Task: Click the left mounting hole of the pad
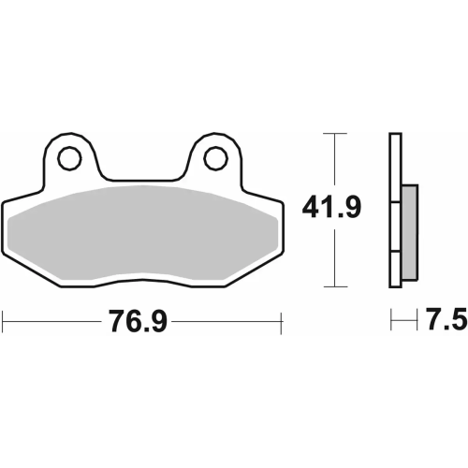pos(68,159)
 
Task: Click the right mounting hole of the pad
pos(215,157)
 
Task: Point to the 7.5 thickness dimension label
pos(446,322)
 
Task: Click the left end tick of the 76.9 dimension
pos(3,323)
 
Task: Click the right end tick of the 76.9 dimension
pos(281,323)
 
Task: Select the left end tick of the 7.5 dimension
pos(390,322)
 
